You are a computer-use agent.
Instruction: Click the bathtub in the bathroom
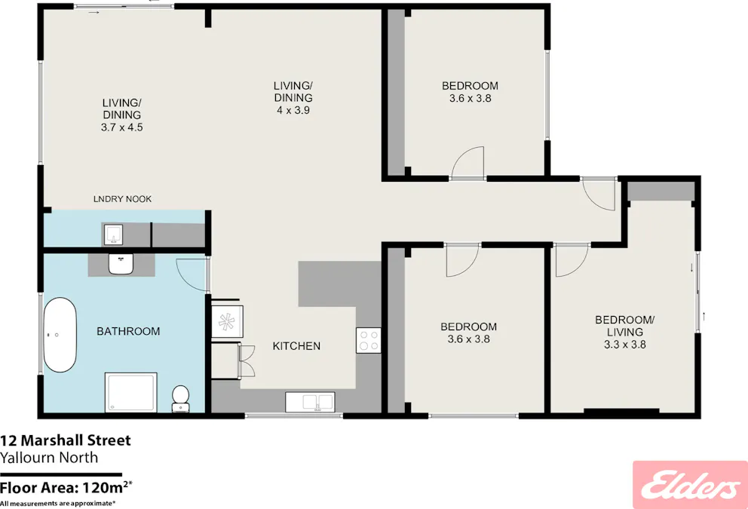click(60, 335)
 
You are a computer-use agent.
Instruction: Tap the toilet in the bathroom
click(180, 399)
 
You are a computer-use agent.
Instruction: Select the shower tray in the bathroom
click(130, 392)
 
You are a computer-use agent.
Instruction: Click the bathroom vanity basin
click(121, 264)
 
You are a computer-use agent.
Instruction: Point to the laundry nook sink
click(113, 235)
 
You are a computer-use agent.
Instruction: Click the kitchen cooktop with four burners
click(368, 340)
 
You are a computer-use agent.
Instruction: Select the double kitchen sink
click(310, 402)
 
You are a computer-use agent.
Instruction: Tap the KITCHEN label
click(296, 346)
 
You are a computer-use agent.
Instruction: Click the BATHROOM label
click(128, 331)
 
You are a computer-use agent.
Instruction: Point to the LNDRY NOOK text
click(123, 199)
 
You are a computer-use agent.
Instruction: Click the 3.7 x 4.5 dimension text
click(121, 127)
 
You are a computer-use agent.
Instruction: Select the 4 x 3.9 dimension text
click(293, 110)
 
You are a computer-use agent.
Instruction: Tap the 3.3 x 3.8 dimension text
click(625, 345)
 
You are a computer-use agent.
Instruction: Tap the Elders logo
click(690, 485)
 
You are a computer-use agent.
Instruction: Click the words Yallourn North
click(49, 458)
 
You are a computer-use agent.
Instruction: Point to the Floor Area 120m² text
click(66, 488)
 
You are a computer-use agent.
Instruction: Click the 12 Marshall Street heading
click(66, 440)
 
